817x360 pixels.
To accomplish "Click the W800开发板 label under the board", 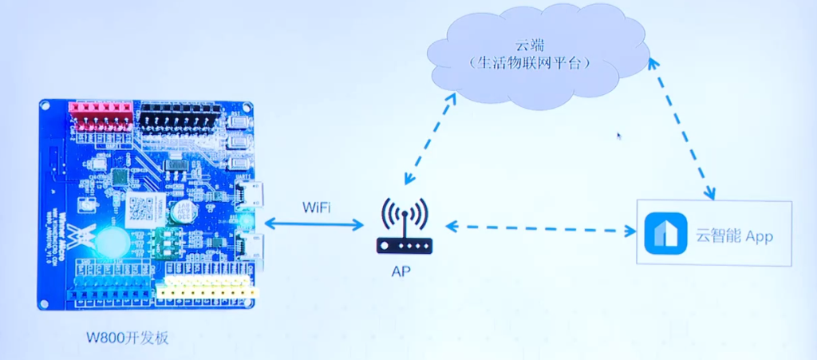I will (x=128, y=338).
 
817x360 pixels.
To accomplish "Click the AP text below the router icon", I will (x=401, y=271).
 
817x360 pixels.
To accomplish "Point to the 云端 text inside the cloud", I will (x=530, y=47).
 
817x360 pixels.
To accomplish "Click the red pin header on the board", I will (x=102, y=116).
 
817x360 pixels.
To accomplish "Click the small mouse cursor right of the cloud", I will (x=619, y=136).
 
